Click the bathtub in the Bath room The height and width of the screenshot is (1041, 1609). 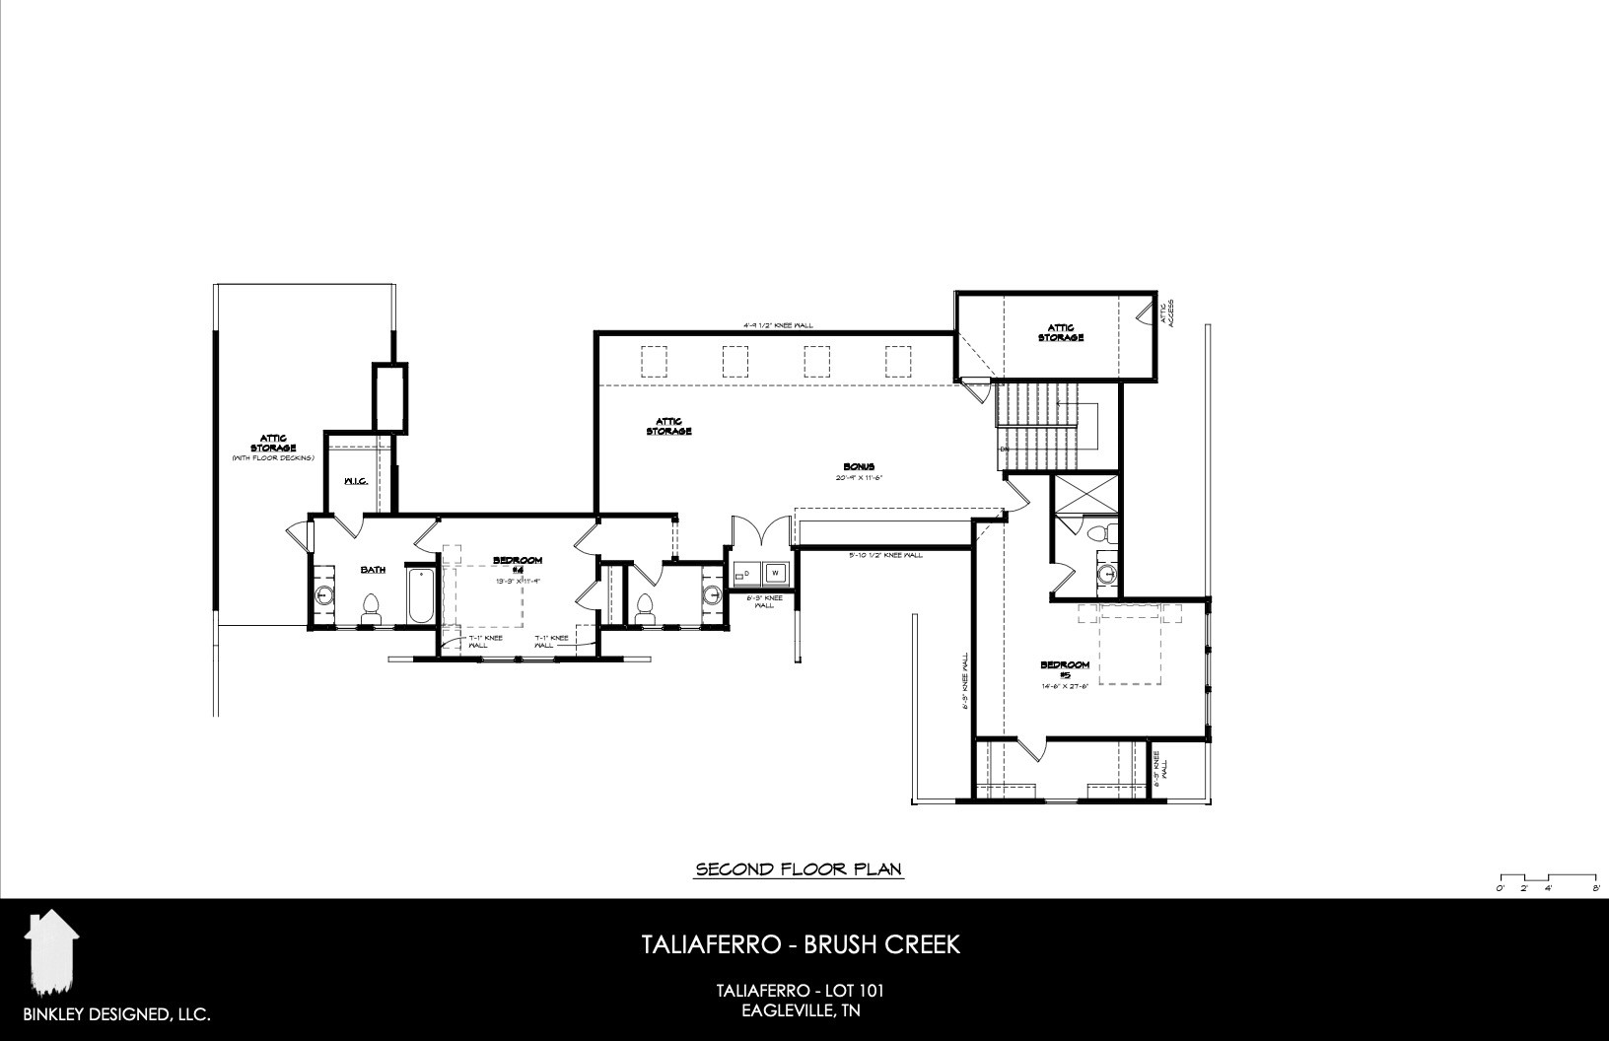[x=420, y=596]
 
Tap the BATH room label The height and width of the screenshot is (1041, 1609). [x=373, y=570]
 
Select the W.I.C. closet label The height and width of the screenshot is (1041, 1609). [x=356, y=481]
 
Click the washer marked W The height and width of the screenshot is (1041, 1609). [x=775, y=572]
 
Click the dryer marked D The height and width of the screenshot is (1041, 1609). [x=746, y=572]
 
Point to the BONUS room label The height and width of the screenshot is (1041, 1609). [x=859, y=467]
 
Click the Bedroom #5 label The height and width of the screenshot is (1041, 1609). [x=1065, y=669]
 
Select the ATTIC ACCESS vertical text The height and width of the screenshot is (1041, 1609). [x=1167, y=312]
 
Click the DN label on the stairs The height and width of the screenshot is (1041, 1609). [x=1004, y=450]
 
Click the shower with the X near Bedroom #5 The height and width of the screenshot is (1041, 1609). [x=1085, y=494]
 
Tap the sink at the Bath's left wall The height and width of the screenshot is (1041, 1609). [x=324, y=596]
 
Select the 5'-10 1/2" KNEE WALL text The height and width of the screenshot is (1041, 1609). [x=884, y=556]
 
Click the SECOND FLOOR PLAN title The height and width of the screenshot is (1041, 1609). [x=800, y=869]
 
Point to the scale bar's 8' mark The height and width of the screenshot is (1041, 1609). [x=1595, y=888]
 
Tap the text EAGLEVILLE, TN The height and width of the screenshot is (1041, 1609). [x=804, y=1010]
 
